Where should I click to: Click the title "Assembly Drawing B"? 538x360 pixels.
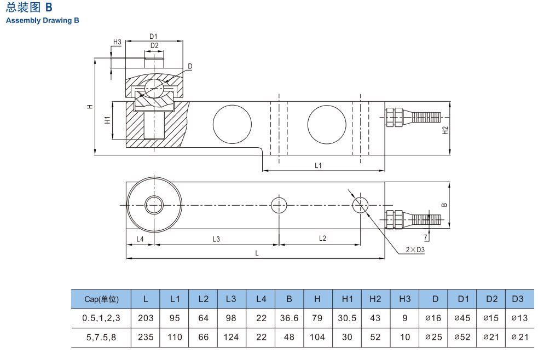[x=43, y=20]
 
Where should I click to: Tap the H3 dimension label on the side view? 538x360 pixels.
[x=117, y=42]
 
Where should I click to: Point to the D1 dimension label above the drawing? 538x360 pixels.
[x=154, y=37]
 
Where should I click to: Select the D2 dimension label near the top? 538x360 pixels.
[x=154, y=45]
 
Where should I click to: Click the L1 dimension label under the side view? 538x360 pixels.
[x=318, y=165]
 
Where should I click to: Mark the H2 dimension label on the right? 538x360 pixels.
[x=445, y=130]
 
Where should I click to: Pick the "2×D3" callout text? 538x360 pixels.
[x=415, y=249]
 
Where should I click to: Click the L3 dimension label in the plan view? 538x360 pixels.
[x=216, y=239]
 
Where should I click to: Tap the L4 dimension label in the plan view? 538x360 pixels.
[x=140, y=239]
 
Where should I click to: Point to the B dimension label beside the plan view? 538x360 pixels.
[x=444, y=205]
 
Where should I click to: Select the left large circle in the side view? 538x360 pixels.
[x=232, y=124]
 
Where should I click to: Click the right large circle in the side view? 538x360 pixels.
[x=326, y=124]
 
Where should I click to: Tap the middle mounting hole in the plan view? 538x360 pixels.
[x=279, y=205]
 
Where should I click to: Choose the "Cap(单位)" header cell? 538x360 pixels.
[x=101, y=299]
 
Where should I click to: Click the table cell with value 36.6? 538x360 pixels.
[x=288, y=318]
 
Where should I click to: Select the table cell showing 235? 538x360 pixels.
[x=146, y=337]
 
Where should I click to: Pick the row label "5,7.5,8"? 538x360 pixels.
[x=101, y=337]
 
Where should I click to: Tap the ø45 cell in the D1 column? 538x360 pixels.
[x=462, y=318]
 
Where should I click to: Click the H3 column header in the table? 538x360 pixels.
[x=404, y=299]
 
